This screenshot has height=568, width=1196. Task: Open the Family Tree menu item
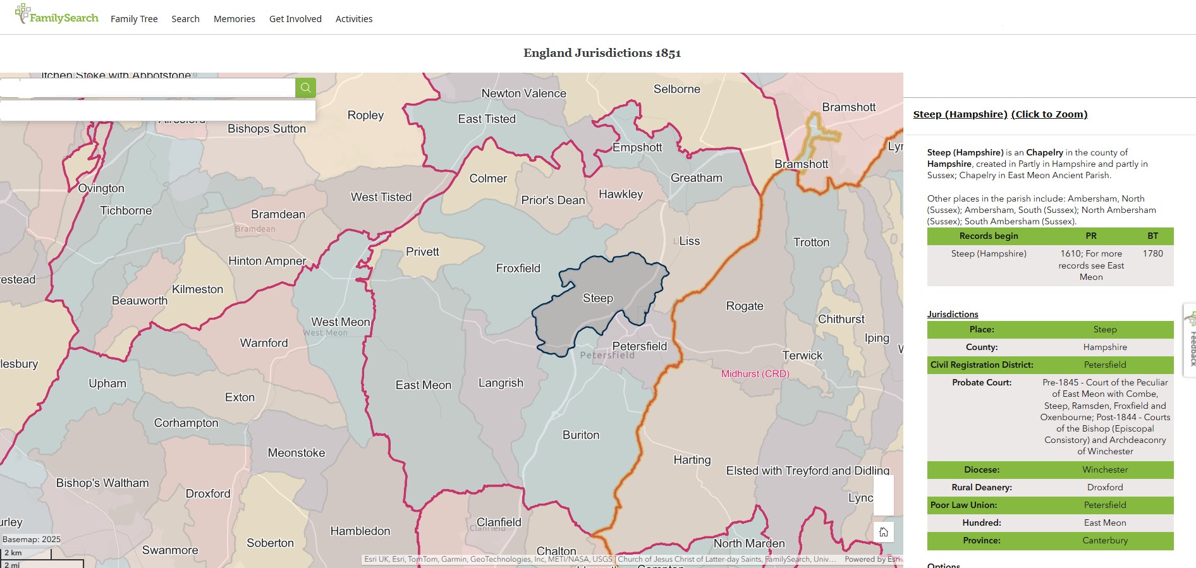click(x=134, y=19)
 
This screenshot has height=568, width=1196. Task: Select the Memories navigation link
click(x=234, y=19)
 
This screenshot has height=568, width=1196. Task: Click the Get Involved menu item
click(x=295, y=19)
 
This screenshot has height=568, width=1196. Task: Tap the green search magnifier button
click(x=305, y=88)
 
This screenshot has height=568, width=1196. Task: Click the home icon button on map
click(x=883, y=532)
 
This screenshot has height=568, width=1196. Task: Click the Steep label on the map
click(x=597, y=298)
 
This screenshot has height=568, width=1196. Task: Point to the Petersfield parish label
click(x=639, y=346)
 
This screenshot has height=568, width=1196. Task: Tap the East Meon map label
click(x=424, y=385)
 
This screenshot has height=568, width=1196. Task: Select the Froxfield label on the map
click(x=518, y=269)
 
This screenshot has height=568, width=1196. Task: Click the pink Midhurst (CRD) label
click(x=755, y=374)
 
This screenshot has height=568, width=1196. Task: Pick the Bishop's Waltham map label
click(x=102, y=483)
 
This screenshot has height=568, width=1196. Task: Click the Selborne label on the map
click(x=676, y=89)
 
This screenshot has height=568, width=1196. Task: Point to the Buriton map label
click(x=580, y=435)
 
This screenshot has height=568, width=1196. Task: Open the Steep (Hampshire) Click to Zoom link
click(x=1000, y=114)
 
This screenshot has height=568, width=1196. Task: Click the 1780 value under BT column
click(x=1152, y=253)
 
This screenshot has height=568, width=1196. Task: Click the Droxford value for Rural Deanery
click(x=1104, y=487)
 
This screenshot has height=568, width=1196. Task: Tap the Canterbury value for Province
click(x=1104, y=540)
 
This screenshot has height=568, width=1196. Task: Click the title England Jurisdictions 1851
click(x=602, y=53)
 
